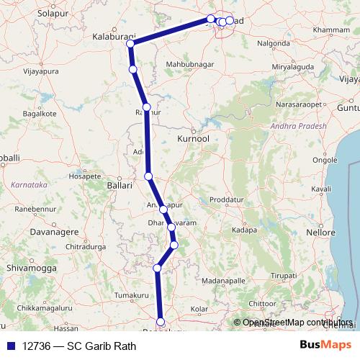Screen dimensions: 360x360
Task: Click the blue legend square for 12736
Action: click(9, 345)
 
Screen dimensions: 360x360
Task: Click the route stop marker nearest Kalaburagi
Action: click(130, 44)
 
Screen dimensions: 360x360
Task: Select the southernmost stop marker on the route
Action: click(161, 322)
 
